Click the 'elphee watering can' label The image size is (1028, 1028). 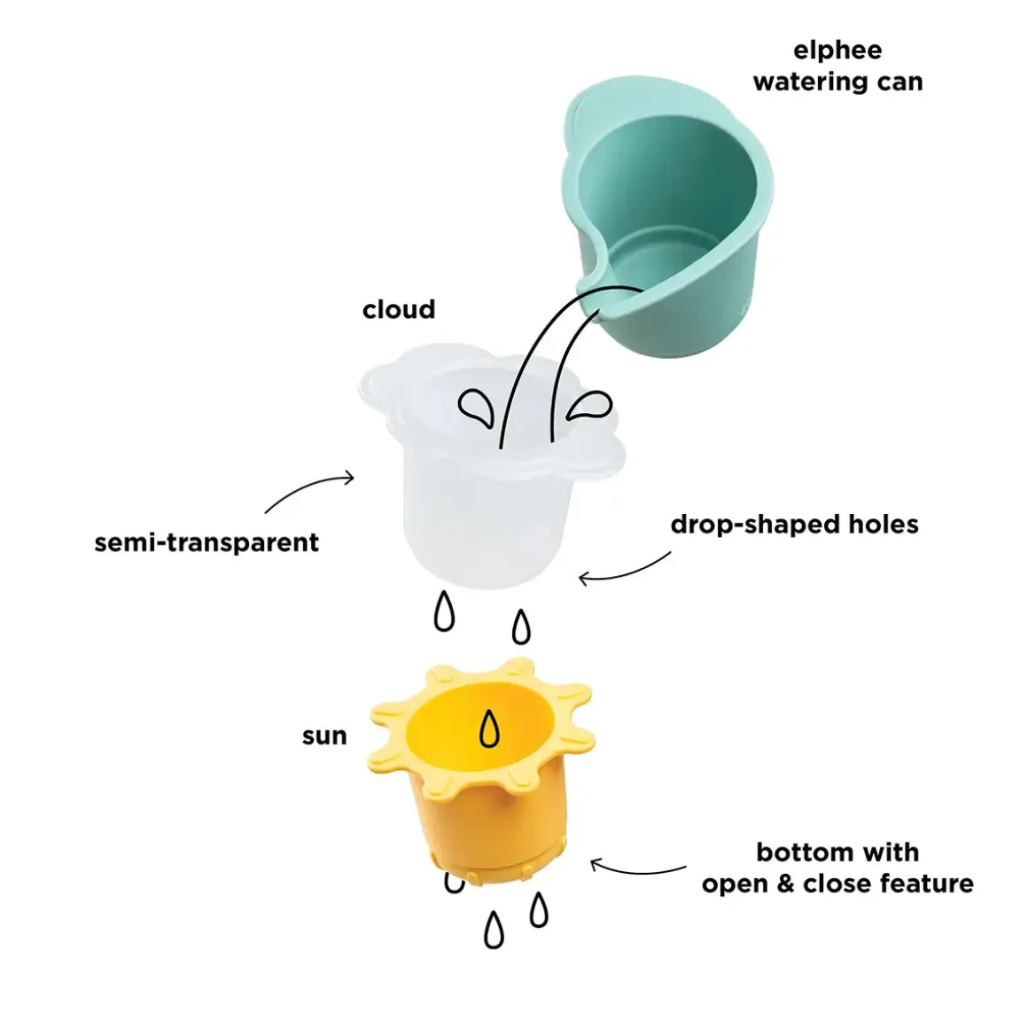click(x=837, y=66)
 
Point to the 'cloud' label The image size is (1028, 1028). click(x=399, y=309)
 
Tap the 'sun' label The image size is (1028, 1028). click(x=324, y=736)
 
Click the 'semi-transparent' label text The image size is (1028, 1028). click(x=206, y=542)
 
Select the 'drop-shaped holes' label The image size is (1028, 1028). click(x=794, y=525)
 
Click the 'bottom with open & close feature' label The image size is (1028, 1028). click(x=837, y=868)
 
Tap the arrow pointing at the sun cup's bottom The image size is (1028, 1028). click(x=638, y=868)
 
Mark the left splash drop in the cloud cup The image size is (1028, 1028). click(x=476, y=409)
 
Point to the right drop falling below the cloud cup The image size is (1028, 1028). click(x=522, y=627)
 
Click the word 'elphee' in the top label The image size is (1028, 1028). click(x=837, y=51)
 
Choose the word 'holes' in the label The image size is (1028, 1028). click(x=883, y=525)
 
